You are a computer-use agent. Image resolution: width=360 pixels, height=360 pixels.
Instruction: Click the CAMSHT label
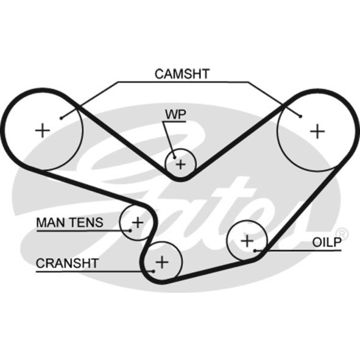tap(182, 74)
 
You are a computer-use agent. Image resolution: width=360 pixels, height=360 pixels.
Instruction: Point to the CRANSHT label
tap(67, 263)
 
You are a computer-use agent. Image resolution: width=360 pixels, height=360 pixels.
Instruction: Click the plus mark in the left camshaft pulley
tap(42, 130)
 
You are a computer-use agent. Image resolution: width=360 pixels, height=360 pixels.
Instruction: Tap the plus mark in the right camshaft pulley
tap(318, 131)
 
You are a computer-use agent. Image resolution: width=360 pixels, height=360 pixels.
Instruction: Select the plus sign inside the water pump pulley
tap(181, 164)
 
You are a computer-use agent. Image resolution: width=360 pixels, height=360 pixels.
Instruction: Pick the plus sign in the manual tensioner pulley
tap(137, 222)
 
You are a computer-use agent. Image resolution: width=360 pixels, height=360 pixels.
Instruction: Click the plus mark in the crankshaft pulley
tap(162, 262)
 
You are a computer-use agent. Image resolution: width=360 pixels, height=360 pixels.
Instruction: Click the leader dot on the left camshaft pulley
tap(61, 118)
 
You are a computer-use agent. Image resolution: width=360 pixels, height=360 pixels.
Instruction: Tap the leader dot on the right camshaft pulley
tap(300, 116)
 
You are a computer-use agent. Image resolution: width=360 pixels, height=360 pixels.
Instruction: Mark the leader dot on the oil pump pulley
tap(255, 251)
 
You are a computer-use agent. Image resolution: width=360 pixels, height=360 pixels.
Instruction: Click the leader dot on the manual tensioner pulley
tap(130, 230)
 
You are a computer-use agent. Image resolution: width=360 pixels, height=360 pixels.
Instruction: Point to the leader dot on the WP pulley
tap(174, 157)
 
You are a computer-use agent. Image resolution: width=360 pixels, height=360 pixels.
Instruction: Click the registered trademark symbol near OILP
tap(342, 232)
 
